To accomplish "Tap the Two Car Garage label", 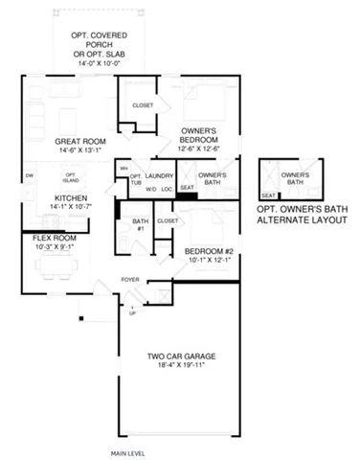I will [x=175, y=358].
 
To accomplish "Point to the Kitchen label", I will [x=56, y=197].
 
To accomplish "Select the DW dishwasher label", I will [x=30, y=175].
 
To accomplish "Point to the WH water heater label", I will [x=124, y=169].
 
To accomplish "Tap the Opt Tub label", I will [x=135, y=181].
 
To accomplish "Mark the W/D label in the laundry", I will [x=150, y=189].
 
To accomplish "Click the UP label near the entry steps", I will [x=133, y=312].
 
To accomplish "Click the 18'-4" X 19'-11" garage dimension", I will [x=175, y=366].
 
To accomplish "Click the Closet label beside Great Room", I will [x=143, y=104].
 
